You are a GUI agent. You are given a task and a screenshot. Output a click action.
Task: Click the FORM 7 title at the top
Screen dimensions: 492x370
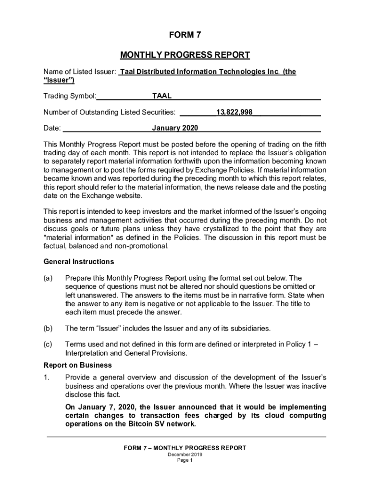pos(185,35)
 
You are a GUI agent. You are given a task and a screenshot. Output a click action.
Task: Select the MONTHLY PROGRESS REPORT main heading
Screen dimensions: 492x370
pos(185,55)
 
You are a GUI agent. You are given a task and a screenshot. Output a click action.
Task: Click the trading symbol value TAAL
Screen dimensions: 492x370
pos(162,96)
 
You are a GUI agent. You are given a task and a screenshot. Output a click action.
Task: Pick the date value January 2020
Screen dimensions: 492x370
pos(175,128)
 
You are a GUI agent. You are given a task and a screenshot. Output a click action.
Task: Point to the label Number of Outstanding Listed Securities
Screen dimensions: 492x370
pos(109,112)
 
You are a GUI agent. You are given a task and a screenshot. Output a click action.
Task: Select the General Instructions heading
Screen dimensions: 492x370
pos(79,262)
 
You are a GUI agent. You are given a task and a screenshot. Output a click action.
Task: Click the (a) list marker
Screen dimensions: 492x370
pos(48,278)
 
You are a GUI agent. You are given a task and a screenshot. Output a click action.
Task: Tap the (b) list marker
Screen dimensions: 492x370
pos(48,329)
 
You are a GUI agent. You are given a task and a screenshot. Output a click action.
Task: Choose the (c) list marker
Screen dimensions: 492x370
pos(48,344)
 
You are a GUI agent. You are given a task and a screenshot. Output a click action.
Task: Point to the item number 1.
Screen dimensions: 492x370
pos(46,378)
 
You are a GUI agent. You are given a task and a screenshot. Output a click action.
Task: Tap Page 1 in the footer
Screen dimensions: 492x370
pos(185,460)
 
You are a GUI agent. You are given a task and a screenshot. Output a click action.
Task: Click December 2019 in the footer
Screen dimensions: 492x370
pos(185,454)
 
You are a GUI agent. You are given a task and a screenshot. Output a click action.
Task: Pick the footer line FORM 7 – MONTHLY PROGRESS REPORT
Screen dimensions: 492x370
pos(185,448)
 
